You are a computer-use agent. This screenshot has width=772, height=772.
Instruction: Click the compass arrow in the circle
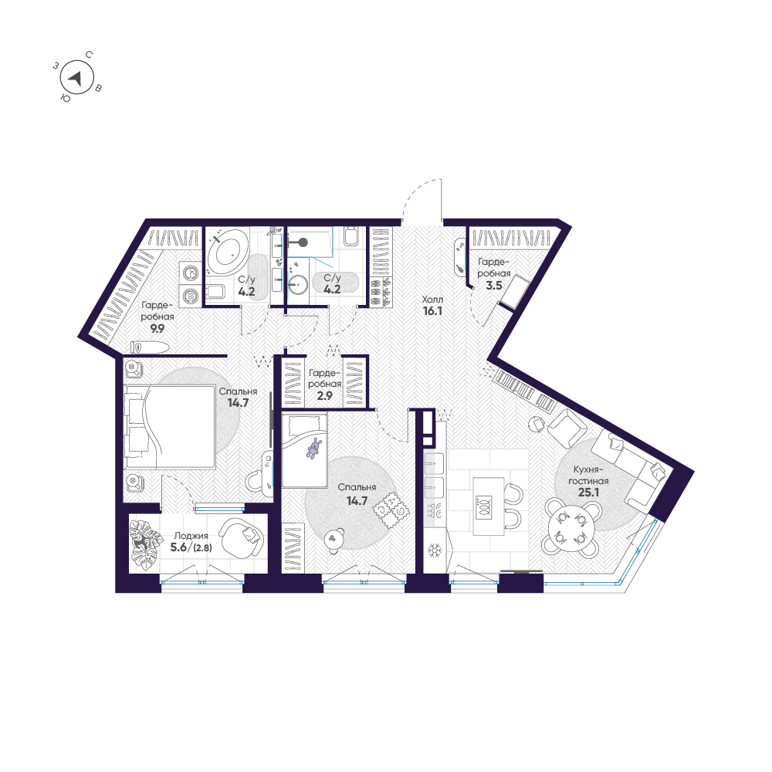pyautogui.click(x=76, y=77)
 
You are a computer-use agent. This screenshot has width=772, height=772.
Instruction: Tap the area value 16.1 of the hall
pyautogui.click(x=430, y=313)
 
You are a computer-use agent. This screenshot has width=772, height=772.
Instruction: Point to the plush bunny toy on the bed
pyautogui.click(x=314, y=449)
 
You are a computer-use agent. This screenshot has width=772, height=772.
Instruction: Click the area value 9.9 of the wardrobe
pyautogui.click(x=157, y=327)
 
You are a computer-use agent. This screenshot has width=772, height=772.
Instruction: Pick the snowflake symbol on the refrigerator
pyautogui.click(x=434, y=551)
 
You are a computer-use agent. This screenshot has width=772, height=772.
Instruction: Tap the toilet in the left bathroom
pyautogui.click(x=214, y=293)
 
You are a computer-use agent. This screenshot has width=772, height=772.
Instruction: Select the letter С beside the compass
pyautogui.click(x=90, y=55)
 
